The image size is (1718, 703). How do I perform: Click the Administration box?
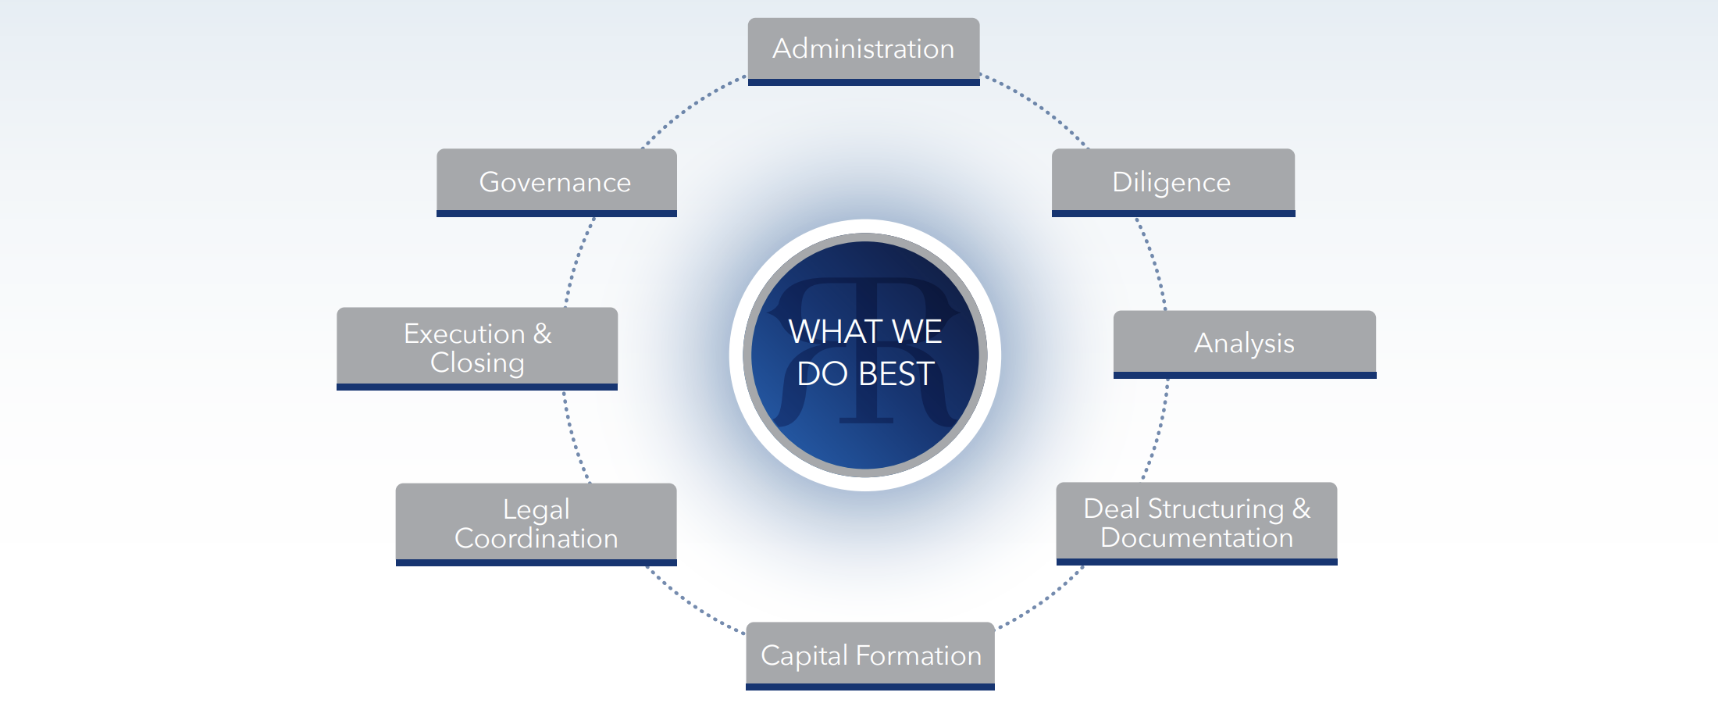[x=863, y=50]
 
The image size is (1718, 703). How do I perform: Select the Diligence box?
[x=1172, y=182]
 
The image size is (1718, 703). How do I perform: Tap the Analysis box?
[x=1244, y=344]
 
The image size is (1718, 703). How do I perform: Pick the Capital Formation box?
[x=870, y=655]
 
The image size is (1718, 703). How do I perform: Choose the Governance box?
[x=556, y=182]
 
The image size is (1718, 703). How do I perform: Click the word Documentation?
[x=1196, y=538]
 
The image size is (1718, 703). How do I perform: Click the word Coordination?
[x=536, y=538]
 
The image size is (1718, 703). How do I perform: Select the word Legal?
[x=536, y=509]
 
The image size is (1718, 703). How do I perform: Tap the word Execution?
[x=464, y=334]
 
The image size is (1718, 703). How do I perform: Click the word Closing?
[x=477, y=362]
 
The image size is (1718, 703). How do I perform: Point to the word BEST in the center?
[x=896, y=374]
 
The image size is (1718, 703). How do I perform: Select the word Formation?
[x=918, y=655]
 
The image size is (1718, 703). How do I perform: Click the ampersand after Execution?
[x=542, y=334]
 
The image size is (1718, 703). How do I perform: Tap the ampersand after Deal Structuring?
[x=1301, y=509]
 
